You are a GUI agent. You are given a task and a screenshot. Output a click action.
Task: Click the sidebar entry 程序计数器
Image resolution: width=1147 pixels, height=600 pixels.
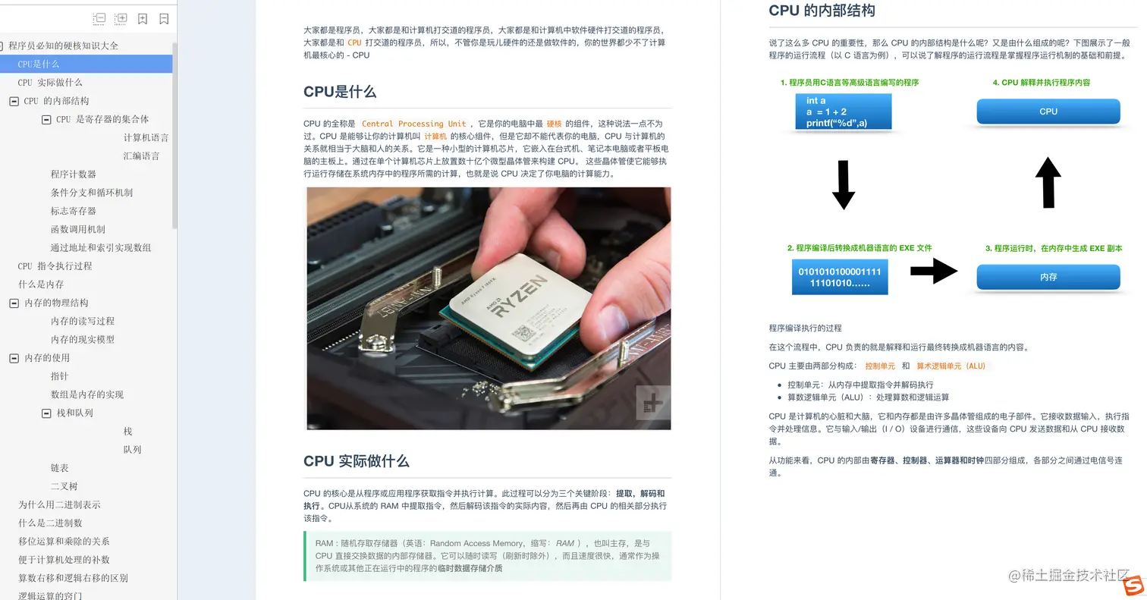pyautogui.click(x=74, y=174)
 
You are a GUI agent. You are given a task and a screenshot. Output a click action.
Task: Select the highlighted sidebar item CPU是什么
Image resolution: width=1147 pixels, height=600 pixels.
pyautogui.click(x=86, y=64)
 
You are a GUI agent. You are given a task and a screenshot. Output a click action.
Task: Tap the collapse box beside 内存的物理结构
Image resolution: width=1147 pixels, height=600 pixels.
pyautogui.click(x=14, y=303)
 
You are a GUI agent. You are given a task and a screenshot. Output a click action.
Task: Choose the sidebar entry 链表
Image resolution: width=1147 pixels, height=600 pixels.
pyautogui.click(x=59, y=468)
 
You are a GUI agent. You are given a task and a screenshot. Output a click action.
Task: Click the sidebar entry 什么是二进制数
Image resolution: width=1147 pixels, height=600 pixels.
pyautogui.click(x=50, y=523)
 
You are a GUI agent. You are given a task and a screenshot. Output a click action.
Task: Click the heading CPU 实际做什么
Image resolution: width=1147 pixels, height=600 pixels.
pyautogui.click(x=356, y=460)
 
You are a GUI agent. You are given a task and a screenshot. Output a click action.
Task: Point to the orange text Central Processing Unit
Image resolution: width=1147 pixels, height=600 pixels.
pyautogui.click(x=413, y=124)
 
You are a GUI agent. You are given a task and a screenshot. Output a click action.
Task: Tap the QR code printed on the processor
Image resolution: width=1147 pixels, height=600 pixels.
pyautogui.click(x=523, y=334)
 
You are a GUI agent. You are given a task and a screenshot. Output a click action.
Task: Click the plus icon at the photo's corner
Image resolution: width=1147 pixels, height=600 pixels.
pyautogui.click(x=653, y=402)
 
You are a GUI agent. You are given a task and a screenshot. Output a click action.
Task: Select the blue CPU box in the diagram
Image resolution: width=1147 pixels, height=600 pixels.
pyautogui.click(x=1048, y=112)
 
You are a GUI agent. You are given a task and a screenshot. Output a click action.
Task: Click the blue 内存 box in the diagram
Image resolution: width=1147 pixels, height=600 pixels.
pyautogui.click(x=1048, y=277)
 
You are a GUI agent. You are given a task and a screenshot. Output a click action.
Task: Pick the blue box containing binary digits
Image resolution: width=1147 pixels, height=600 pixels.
pyautogui.click(x=840, y=277)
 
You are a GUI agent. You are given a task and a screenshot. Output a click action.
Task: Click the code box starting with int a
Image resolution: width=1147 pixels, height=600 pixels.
pyautogui.click(x=844, y=112)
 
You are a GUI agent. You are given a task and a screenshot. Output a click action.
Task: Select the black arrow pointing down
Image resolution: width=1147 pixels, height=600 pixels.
pyautogui.click(x=844, y=185)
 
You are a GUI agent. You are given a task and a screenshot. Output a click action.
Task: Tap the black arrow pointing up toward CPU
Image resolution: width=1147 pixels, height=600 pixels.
pyautogui.click(x=1048, y=183)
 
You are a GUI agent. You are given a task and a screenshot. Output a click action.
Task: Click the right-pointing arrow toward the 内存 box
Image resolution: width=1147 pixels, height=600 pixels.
pyautogui.click(x=934, y=271)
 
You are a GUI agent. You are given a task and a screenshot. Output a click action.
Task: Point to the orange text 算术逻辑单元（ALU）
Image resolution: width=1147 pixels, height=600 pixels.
pyautogui.click(x=951, y=366)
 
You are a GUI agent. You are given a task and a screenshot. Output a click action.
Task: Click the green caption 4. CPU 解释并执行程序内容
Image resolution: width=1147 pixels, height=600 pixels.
pyautogui.click(x=1041, y=83)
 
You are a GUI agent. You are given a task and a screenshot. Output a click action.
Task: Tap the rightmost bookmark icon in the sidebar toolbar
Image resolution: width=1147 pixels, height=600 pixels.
pyautogui.click(x=164, y=19)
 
